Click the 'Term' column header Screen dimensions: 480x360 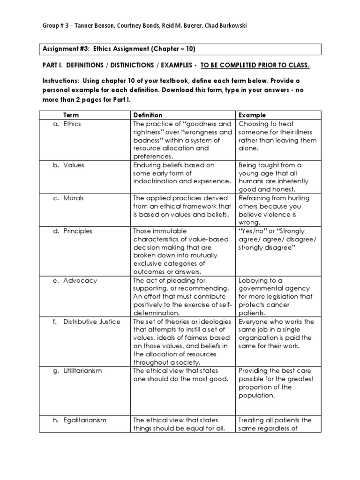point(71,115)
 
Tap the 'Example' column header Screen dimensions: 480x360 point(252,115)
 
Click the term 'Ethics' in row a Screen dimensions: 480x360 point(73,124)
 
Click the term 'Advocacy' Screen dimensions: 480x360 point(80,280)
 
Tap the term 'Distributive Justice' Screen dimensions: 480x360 point(92,322)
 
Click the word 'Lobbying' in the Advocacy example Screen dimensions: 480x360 point(252,280)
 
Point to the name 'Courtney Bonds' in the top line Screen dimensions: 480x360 point(137,26)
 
